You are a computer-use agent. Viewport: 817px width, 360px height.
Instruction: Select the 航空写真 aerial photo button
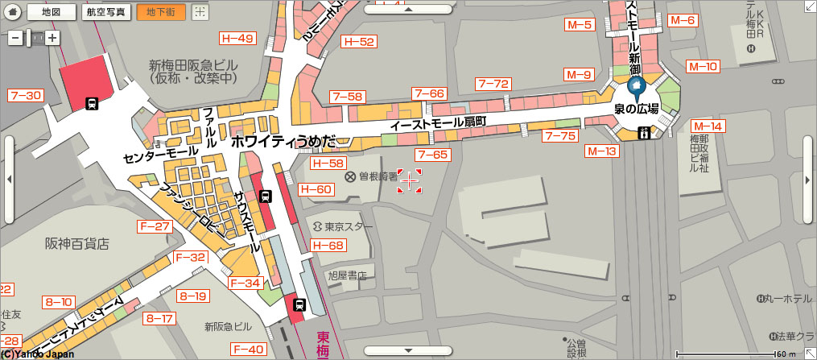[106, 12]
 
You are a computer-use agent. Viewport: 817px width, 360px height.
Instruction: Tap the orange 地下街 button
[161, 12]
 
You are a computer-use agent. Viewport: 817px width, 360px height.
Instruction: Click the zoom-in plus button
[52, 37]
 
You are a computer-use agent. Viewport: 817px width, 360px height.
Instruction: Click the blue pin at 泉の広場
[636, 88]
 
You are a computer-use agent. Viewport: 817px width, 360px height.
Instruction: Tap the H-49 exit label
[237, 39]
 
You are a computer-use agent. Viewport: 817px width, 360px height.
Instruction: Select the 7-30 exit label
[25, 95]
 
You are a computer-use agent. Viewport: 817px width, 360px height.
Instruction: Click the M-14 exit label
[708, 126]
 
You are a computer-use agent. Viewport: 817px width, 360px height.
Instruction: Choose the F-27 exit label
[155, 226]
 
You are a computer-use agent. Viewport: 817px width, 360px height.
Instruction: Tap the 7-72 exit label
[493, 83]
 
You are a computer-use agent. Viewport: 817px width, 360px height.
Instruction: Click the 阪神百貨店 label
[76, 243]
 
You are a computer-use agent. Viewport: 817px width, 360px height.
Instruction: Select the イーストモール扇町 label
[438, 124]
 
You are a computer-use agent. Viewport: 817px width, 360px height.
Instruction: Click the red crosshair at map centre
[409, 181]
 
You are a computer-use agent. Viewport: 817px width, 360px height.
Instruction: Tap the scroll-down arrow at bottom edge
[408, 350]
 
